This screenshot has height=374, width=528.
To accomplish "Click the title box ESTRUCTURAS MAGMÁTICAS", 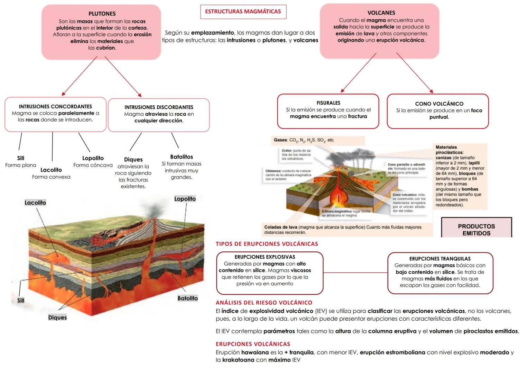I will click(243, 12).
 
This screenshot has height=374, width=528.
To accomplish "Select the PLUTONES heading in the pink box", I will click(102, 14).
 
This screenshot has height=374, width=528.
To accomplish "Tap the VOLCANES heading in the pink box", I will click(381, 13).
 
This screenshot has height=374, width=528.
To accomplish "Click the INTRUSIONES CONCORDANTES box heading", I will click(55, 107).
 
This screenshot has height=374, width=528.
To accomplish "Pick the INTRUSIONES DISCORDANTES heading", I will click(159, 107).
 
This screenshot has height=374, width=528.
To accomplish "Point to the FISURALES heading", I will click(328, 103).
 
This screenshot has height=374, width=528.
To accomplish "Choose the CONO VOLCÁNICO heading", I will click(439, 104).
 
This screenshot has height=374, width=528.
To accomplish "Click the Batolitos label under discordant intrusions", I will click(182, 157).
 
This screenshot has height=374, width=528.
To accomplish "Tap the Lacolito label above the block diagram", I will click(35, 203).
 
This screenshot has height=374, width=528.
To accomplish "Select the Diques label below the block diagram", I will click(57, 318).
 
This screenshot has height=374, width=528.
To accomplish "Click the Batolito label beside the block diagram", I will click(187, 298).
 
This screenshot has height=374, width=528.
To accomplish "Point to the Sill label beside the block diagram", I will click(21, 301).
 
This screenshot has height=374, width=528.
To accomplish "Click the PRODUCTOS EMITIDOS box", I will click(476, 229).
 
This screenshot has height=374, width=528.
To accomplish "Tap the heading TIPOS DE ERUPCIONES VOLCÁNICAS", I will click(267, 244).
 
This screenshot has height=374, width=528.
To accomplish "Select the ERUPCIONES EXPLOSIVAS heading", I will click(265, 257).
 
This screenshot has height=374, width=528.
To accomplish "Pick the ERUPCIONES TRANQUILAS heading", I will click(440, 259).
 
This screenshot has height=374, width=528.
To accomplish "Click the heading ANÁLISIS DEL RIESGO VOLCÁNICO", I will click(264, 303).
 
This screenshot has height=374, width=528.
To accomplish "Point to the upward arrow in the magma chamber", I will click(339, 198).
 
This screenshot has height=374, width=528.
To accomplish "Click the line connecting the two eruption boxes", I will click(355, 273).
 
